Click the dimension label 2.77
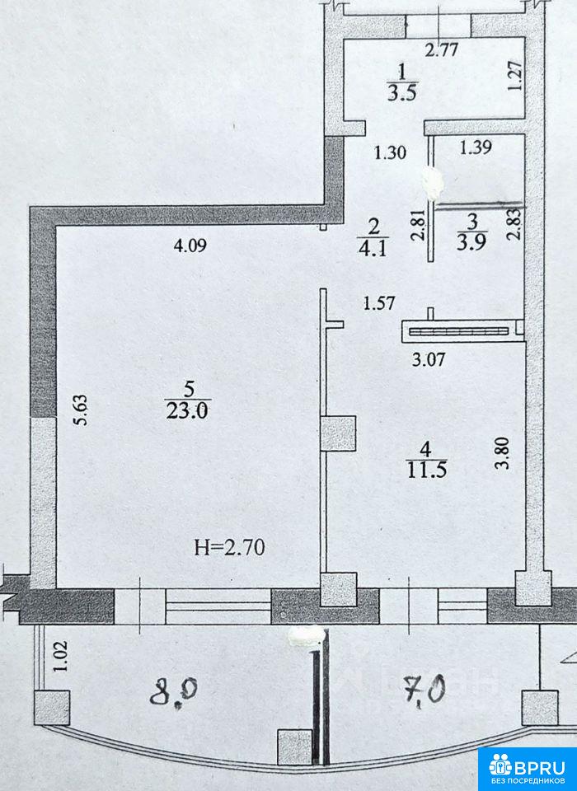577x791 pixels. (441, 50)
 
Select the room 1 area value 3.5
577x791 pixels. (401, 94)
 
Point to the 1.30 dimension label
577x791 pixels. (390, 152)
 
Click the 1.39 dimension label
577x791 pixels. (476, 147)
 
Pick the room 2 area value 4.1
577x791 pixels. (373, 249)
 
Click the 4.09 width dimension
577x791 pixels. (190, 246)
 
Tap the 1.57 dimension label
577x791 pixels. (378, 303)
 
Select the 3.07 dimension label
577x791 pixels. (429, 360)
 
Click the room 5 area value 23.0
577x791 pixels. (186, 411)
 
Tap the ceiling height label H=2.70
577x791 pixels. (230, 547)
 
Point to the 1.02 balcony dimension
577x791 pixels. (60, 656)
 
